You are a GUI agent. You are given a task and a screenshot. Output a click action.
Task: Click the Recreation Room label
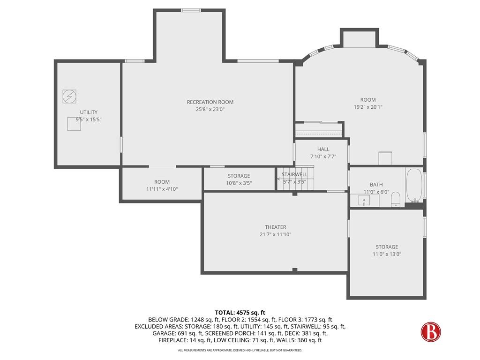[210, 102]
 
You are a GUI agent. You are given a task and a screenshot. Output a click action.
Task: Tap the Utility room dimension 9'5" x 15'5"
[89, 120]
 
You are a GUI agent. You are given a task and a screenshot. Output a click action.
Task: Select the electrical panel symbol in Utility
[68, 96]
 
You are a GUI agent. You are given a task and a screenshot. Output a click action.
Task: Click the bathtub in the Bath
[413, 186]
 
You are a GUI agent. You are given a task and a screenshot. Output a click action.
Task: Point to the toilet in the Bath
[395, 199]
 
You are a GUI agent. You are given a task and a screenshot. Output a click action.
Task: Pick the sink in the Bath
[364, 201]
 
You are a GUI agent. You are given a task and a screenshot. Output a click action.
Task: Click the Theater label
[275, 227]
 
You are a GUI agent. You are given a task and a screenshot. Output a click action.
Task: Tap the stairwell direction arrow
[279, 179]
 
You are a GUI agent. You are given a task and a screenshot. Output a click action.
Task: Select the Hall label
[323, 150]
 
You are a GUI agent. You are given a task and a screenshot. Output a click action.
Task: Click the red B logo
[430, 331]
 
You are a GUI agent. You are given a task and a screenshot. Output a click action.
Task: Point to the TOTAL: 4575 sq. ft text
[240, 313]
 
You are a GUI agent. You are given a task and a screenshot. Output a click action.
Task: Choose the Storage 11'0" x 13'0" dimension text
[386, 254]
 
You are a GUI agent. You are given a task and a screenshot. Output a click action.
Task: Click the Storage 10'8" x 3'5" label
[239, 176]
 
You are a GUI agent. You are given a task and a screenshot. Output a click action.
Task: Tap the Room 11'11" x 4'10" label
[162, 182]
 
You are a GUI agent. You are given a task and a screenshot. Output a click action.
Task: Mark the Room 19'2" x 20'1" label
[367, 100]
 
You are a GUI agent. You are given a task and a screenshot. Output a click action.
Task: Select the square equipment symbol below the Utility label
[74, 124]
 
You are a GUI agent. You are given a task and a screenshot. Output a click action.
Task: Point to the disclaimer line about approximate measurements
[240, 350]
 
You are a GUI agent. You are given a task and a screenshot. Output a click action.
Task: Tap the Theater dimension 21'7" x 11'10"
[275, 235]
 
